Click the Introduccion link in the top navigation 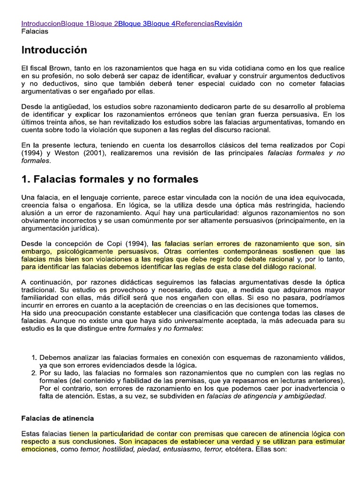pyautogui.click(x=41, y=23)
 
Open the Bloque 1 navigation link pyautogui.click(x=75, y=23)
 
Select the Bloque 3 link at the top pyautogui.click(x=132, y=23)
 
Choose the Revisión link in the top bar pyautogui.click(x=228, y=23)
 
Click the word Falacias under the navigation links pyautogui.click(x=35, y=31)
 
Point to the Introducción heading pyautogui.click(x=54, y=50)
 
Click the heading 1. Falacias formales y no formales pyautogui.click(x=104, y=179)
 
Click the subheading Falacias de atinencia pyautogui.click(x=58, y=418)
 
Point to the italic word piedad pyautogui.click(x=167, y=449)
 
